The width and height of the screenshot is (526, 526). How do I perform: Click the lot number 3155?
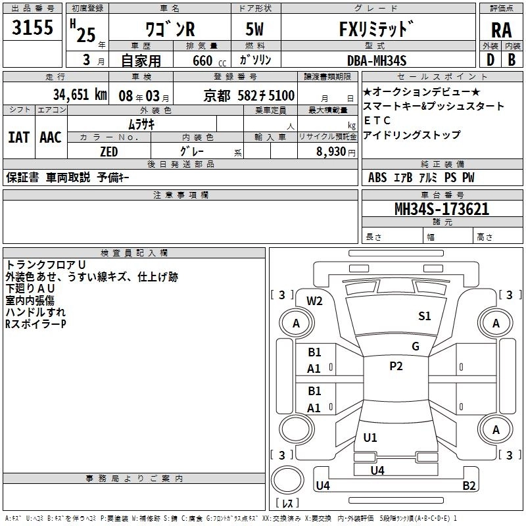point(33,29)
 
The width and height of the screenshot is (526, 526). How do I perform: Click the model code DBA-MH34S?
point(377,60)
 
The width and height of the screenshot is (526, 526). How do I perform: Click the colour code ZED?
point(108,152)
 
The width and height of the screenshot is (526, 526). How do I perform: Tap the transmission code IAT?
point(18,137)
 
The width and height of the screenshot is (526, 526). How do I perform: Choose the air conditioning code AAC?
point(51,137)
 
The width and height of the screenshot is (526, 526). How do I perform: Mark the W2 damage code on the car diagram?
point(315,301)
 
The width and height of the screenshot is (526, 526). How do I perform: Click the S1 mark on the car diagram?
point(425,316)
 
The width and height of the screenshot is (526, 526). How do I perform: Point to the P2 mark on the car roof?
point(396,366)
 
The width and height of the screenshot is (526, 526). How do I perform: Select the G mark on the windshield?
point(415,347)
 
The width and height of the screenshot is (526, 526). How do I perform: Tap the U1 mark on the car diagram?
point(370,438)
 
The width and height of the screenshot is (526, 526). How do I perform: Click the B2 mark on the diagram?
point(469,486)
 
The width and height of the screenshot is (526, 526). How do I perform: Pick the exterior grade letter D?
point(490,60)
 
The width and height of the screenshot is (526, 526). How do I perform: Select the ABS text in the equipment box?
point(377,178)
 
